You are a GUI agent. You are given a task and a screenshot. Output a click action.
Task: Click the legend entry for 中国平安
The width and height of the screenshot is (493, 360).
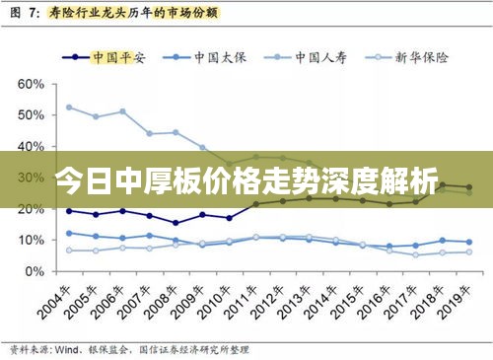click(112, 57)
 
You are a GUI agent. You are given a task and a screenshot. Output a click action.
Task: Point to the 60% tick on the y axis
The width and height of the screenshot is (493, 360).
click(31, 84)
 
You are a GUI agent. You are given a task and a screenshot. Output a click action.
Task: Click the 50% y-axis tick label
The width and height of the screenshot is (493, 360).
click(31, 115)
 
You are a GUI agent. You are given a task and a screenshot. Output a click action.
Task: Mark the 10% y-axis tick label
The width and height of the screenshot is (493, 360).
click(31, 240)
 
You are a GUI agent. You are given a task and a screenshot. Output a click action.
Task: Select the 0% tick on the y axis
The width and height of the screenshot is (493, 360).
click(34, 271)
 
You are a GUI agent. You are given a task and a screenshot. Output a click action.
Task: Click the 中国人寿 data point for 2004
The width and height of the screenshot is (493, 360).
click(69, 108)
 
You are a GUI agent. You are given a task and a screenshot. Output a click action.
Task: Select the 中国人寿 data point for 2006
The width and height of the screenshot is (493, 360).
click(122, 111)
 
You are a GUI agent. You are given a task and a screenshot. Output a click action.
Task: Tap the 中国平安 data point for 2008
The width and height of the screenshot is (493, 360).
click(176, 223)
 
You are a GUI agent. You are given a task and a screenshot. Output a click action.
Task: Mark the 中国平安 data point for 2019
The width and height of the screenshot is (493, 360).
click(468, 187)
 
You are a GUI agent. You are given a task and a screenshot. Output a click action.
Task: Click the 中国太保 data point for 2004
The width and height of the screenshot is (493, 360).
click(69, 233)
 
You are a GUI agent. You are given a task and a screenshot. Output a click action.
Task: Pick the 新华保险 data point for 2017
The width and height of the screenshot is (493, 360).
click(415, 254)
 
